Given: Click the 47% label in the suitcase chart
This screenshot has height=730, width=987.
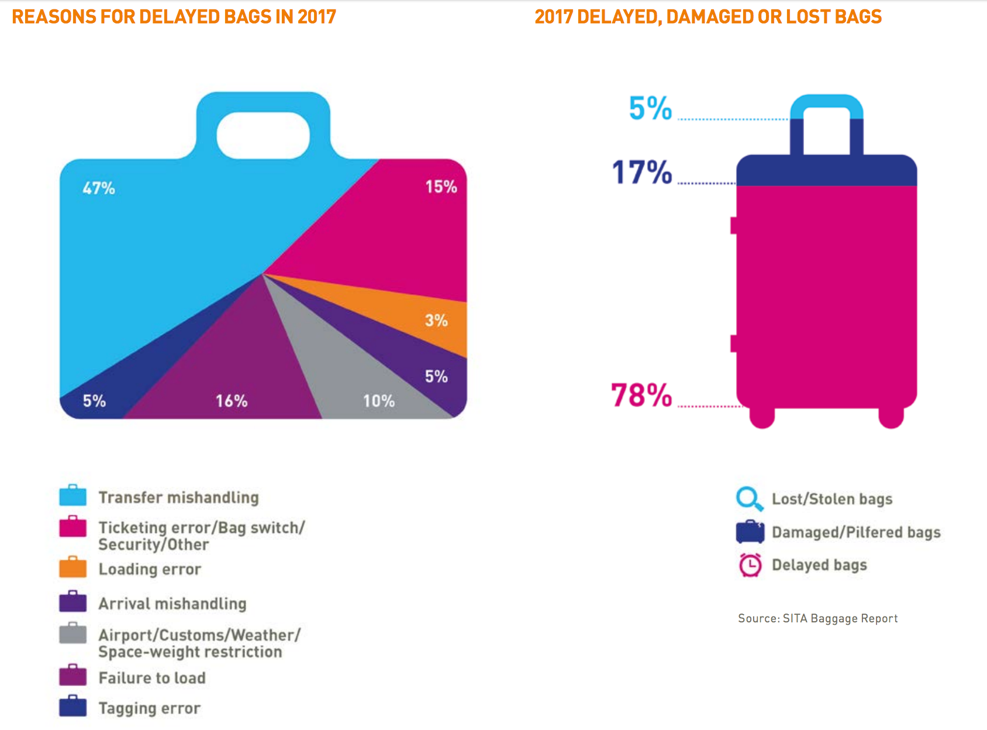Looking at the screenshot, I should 99,188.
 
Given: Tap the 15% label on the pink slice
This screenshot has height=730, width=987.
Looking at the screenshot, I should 441,187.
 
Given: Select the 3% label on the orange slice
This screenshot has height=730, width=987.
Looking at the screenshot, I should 436,321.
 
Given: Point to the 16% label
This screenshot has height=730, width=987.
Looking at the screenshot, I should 232,401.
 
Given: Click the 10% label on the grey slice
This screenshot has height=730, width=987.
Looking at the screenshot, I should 379,401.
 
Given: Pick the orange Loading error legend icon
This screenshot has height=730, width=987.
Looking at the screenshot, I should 73,567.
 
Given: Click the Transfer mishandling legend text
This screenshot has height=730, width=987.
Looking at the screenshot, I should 178,497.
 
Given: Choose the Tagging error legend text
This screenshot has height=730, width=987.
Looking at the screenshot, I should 149,708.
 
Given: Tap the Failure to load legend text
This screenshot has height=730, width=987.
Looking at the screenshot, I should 152,678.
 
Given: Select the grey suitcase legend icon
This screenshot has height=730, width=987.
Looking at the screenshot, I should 73,633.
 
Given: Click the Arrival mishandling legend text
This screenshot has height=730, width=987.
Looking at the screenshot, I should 172,604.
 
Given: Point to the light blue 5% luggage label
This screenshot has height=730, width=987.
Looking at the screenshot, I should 650,108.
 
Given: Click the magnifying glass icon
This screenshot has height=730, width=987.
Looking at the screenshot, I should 749,499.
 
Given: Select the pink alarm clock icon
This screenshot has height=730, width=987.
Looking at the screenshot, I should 750,565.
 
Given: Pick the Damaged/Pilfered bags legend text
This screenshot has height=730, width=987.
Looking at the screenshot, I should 856,532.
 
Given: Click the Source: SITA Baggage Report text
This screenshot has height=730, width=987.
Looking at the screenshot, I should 817,618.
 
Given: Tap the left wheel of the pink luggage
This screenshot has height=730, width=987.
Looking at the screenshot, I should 762,417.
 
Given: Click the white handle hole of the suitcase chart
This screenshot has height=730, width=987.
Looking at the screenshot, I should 263,135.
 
